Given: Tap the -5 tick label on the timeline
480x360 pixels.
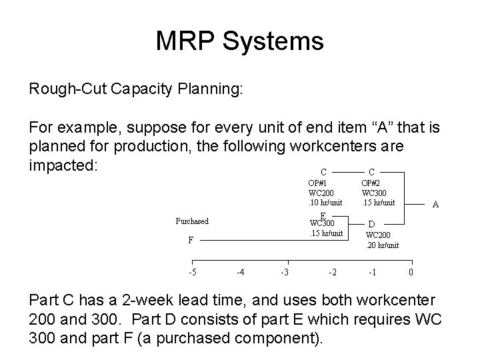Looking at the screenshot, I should point(193,272).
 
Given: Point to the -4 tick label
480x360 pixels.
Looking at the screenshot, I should point(241,272).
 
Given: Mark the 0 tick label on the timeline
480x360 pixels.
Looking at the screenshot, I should point(411,272).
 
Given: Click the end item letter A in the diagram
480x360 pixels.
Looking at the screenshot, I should point(435,205).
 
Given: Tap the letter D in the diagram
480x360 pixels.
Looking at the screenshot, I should point(371,225).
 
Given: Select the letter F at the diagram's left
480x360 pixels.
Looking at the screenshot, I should point(191,240).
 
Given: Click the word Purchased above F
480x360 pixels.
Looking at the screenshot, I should point(191,221).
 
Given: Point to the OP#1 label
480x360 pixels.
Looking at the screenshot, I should point(317,182).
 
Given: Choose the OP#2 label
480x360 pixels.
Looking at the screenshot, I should point(371,182).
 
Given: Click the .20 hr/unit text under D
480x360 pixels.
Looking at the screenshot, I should point(383,245).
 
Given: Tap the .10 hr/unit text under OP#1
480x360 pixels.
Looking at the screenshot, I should point(325,202).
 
